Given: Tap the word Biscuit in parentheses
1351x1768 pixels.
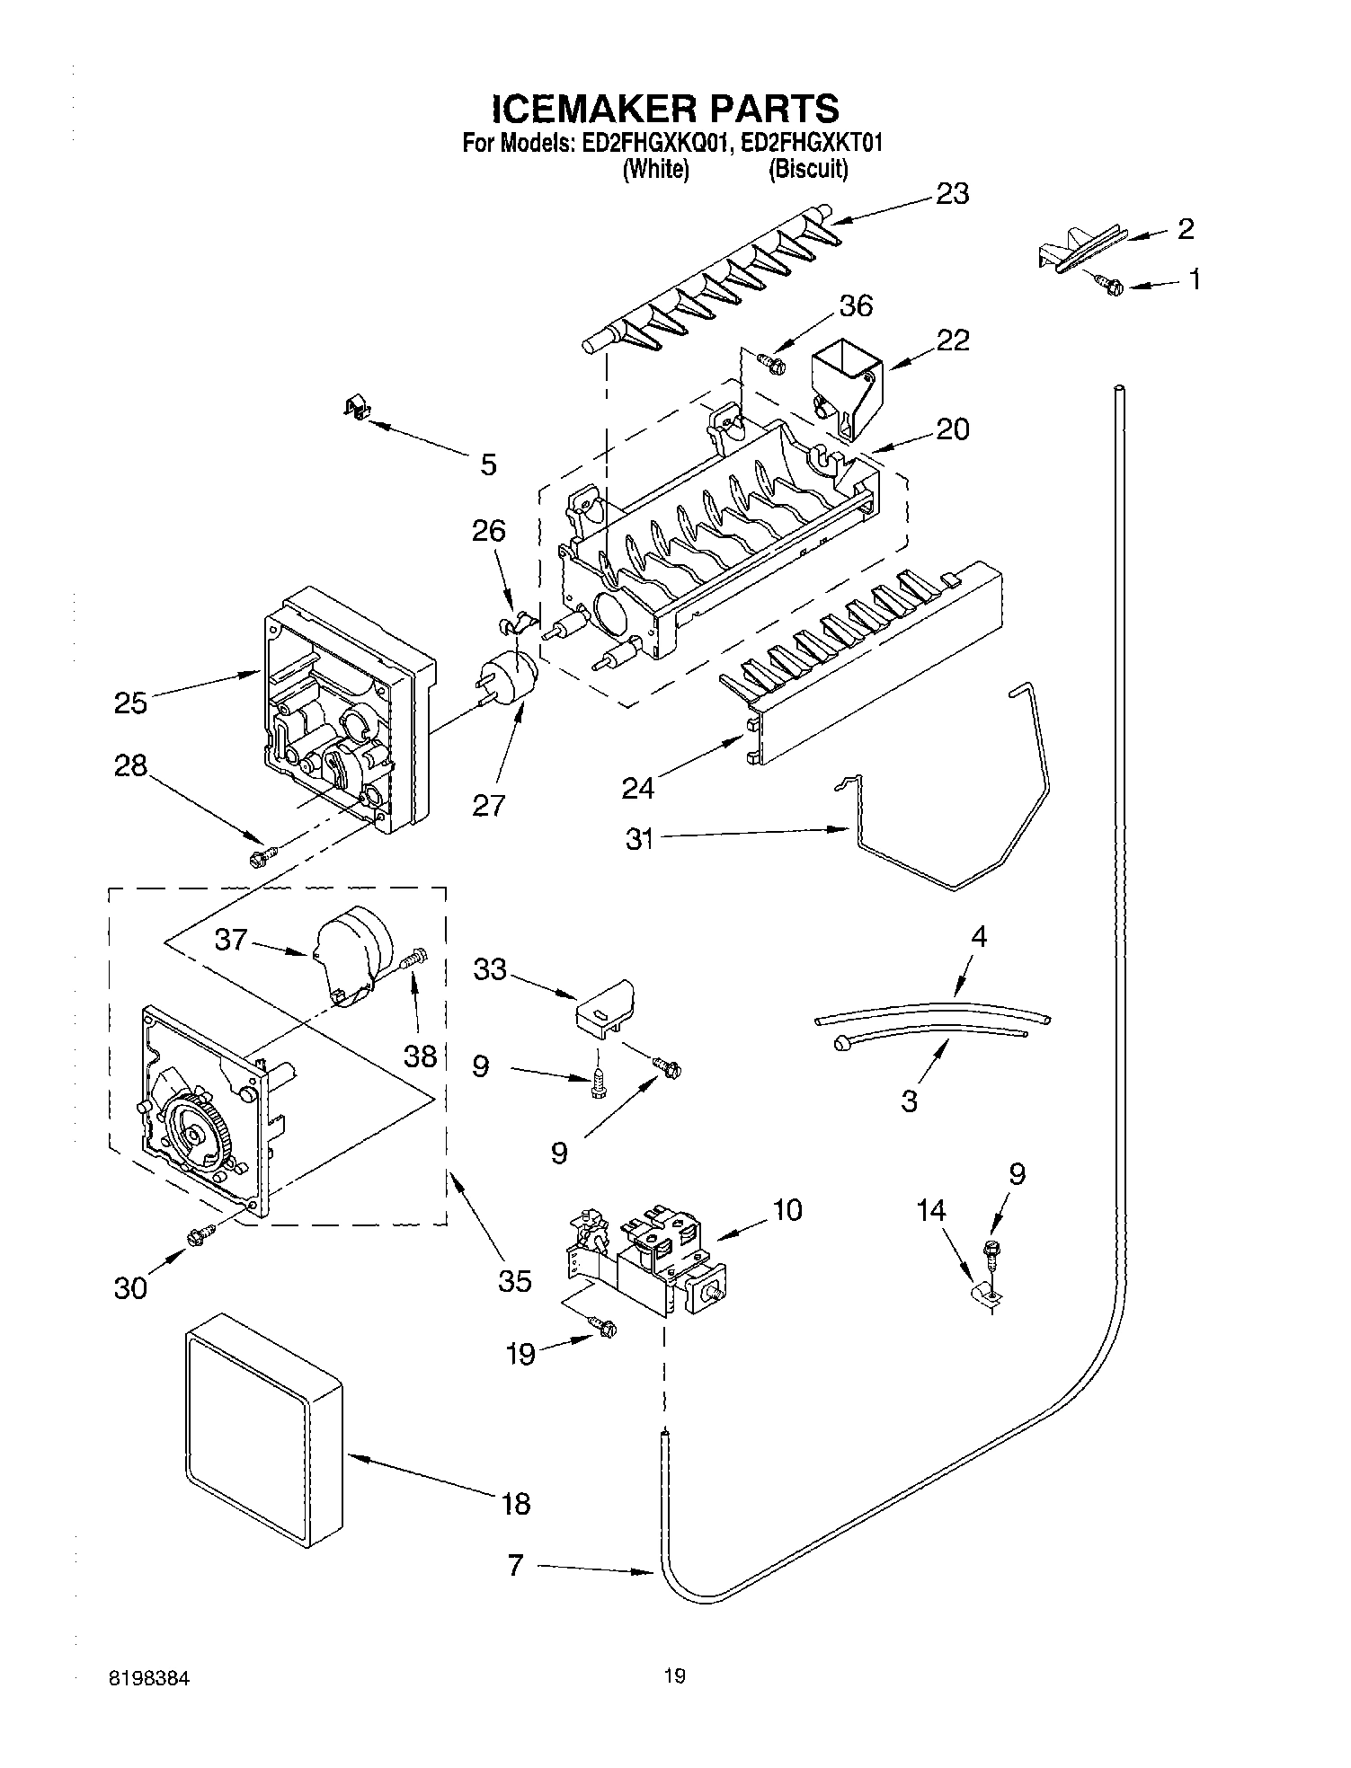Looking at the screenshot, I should pyautogui.click(x=807, y=169).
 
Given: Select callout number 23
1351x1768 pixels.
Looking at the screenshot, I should pyautogui.click(x=952, y=194).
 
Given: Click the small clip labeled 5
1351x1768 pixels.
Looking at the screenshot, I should pyautogui.click(x=358, y=409).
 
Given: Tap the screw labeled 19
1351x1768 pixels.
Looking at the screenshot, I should pyautogui.click(x=603, y=1326).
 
